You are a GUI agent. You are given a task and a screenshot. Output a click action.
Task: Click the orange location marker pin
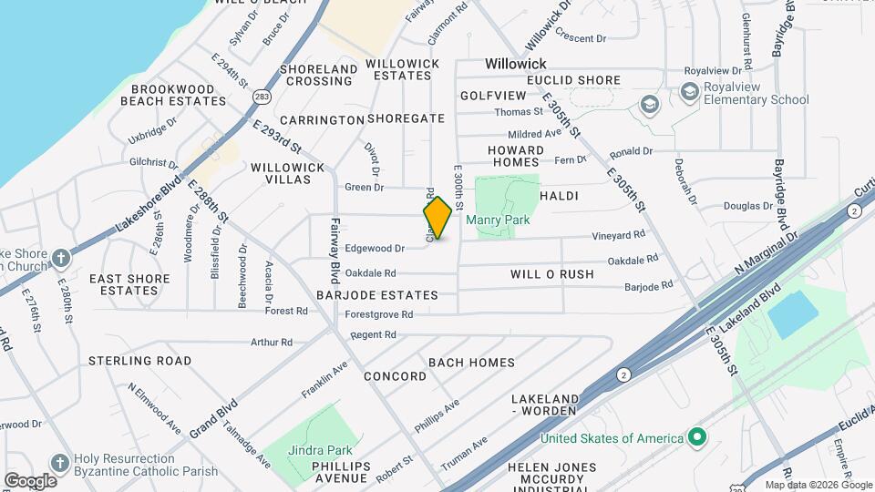pyautogui.click(x=437, y=218)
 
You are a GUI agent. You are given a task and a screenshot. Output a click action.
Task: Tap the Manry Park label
pyautogui.click(x=498, y=220)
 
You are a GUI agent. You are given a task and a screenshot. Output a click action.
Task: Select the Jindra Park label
pyautogui.click(x=320, y=450)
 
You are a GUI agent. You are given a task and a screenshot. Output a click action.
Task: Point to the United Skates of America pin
pyautogui.click(x=697, y=438)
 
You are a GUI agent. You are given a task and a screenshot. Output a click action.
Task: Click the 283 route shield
pyautogui.click(x=262, y=96)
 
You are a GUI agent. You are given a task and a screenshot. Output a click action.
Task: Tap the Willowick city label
pyautogui.click(x=516, y=64)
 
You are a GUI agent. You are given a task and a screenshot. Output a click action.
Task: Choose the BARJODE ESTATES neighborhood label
pyautogui.click(x=377, y=295)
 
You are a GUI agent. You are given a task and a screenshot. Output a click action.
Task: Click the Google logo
pyautogui.click(x=30, y=481)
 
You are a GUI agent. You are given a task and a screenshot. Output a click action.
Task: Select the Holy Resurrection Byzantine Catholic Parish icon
pyautogui.click(x=60, y=463)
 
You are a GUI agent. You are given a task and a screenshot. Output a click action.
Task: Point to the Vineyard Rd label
pyautogui.click(x=619, y=235)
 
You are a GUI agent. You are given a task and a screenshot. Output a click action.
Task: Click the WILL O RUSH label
pyautogui.click(x=551, y=274)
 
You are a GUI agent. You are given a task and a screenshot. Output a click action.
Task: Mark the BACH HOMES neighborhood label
pyautogui.click(x=471, y=363)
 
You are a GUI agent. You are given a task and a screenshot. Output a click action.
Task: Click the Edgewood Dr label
pyautogui.click(x=375, y=248)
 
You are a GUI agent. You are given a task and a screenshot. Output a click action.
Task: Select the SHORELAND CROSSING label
pyautogui.click(x=316, y=75)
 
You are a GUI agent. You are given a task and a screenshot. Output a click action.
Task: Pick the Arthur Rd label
pyautogui.click(x=273, y=343)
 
